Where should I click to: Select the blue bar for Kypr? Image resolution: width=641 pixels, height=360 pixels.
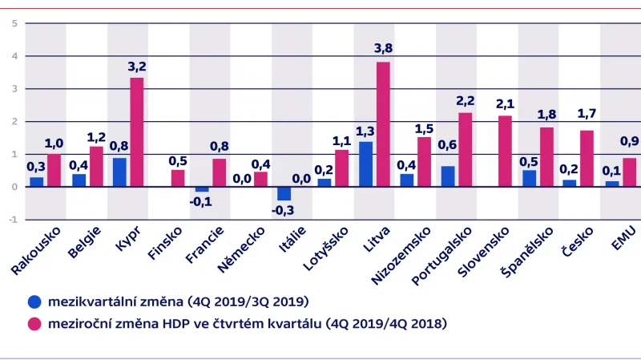point(119,172)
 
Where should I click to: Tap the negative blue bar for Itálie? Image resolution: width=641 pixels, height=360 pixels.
point(284,193)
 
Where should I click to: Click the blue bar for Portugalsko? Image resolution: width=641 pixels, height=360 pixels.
point(447,176)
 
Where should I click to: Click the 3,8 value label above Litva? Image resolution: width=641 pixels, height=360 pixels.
point(383,49)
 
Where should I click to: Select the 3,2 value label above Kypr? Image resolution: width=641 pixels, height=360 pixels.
point(137,65)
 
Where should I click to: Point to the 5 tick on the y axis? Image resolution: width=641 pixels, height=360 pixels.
point(14,23)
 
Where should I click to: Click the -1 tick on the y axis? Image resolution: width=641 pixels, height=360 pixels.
point(12,219)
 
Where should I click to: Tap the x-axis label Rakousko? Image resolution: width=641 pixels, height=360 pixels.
point(40,253)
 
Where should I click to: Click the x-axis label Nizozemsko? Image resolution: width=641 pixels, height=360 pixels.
point(403,257)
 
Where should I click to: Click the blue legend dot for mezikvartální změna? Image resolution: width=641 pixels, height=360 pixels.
point(34,302)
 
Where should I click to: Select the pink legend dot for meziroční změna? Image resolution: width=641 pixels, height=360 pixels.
point(34,324)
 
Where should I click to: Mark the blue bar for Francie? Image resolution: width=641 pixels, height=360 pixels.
point(202,189)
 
